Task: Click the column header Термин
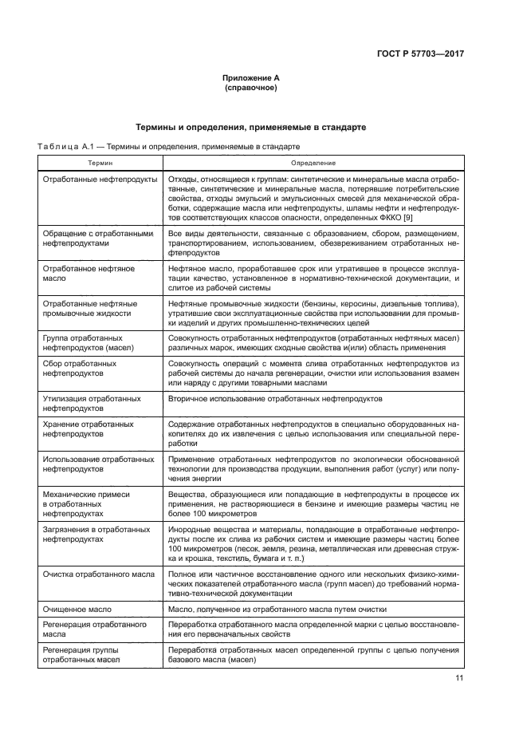100,162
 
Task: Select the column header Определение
313,162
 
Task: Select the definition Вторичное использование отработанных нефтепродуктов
276,397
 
